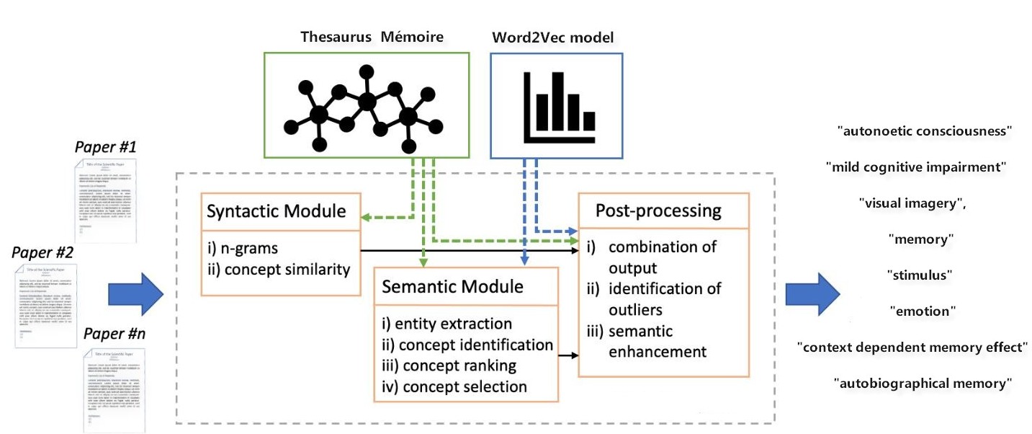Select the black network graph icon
click(367, 105)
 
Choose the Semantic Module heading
click(452, 286)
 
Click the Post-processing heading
click(658, 211)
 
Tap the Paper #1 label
click(106, 147)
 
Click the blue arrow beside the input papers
click(136, 294)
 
